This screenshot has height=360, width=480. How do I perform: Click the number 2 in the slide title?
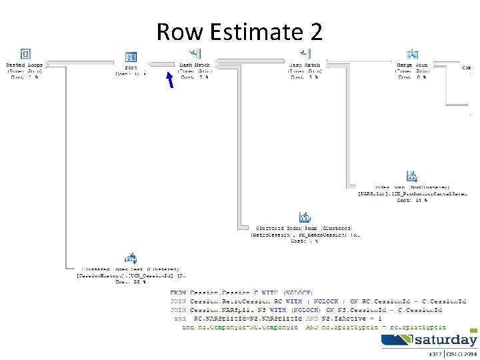(x=315, y=31)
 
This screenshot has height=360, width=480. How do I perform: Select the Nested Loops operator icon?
(x=25, y=54)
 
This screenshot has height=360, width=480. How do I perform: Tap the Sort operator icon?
(x=131, y=57)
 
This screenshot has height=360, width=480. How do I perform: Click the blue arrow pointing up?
(x=170, y=79)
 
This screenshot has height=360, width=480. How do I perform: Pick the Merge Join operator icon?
(x=413, y=53)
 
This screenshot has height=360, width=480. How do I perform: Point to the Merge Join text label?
(x=413, y=65)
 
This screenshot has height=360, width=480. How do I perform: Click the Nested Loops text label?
(x=25, y=65)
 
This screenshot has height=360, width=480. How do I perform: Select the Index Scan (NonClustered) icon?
(x=412, y=177)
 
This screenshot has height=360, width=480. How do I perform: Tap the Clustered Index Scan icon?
(x=305, y=217)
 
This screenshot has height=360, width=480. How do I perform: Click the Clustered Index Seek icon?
(x=131, y=258)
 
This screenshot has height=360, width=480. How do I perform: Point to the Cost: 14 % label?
(x=412, y=200)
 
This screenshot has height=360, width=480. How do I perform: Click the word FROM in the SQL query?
(x=178, y=293)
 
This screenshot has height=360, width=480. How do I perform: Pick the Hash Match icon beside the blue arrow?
(x=195, y=53)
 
